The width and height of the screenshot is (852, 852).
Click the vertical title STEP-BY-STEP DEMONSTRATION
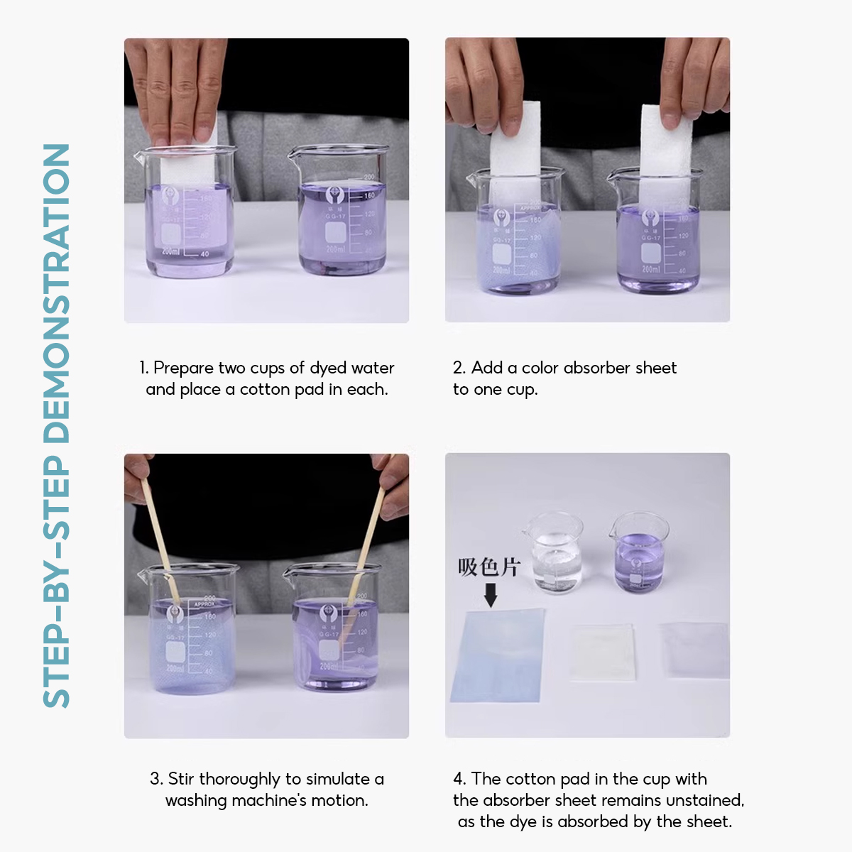point(57,426)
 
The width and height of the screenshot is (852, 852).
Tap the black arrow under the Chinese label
point(490,595)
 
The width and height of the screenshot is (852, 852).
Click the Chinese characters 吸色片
point(488,567)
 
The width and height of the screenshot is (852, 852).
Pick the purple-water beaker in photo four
point(638,554)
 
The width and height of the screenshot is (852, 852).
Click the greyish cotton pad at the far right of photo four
point(694,650)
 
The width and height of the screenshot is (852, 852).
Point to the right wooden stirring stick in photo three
point(371,532)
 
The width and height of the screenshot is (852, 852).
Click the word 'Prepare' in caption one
point(183,368)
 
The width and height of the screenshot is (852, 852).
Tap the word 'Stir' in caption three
point(181,779)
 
